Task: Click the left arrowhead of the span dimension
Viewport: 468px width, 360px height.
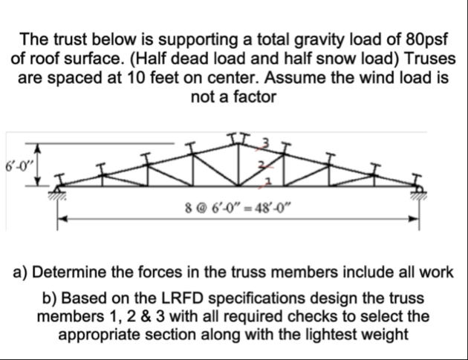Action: [x=63, y=218]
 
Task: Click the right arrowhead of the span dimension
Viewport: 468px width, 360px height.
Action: [x=420, y=218]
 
